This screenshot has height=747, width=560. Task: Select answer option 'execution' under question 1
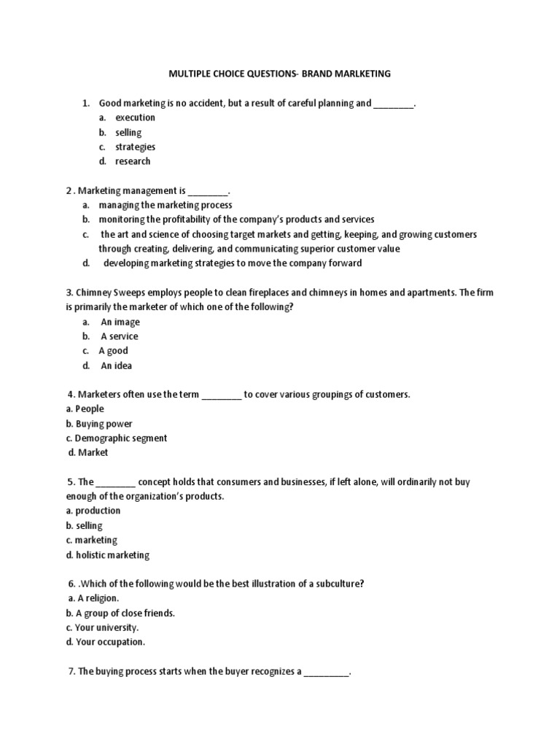click(135, 117)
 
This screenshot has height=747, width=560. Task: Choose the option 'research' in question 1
click(133, 161)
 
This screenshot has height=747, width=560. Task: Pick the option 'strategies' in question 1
click(135, 147)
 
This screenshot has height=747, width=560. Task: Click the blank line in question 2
click(208, 191)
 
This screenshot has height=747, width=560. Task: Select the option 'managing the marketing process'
click(166, 205)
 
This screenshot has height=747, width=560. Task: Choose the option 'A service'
click(119, 336)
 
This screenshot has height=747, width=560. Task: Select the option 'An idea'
click(117, 365)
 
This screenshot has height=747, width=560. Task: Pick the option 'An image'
click(120, 322)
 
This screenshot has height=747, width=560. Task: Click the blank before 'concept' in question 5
click(115, 483)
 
